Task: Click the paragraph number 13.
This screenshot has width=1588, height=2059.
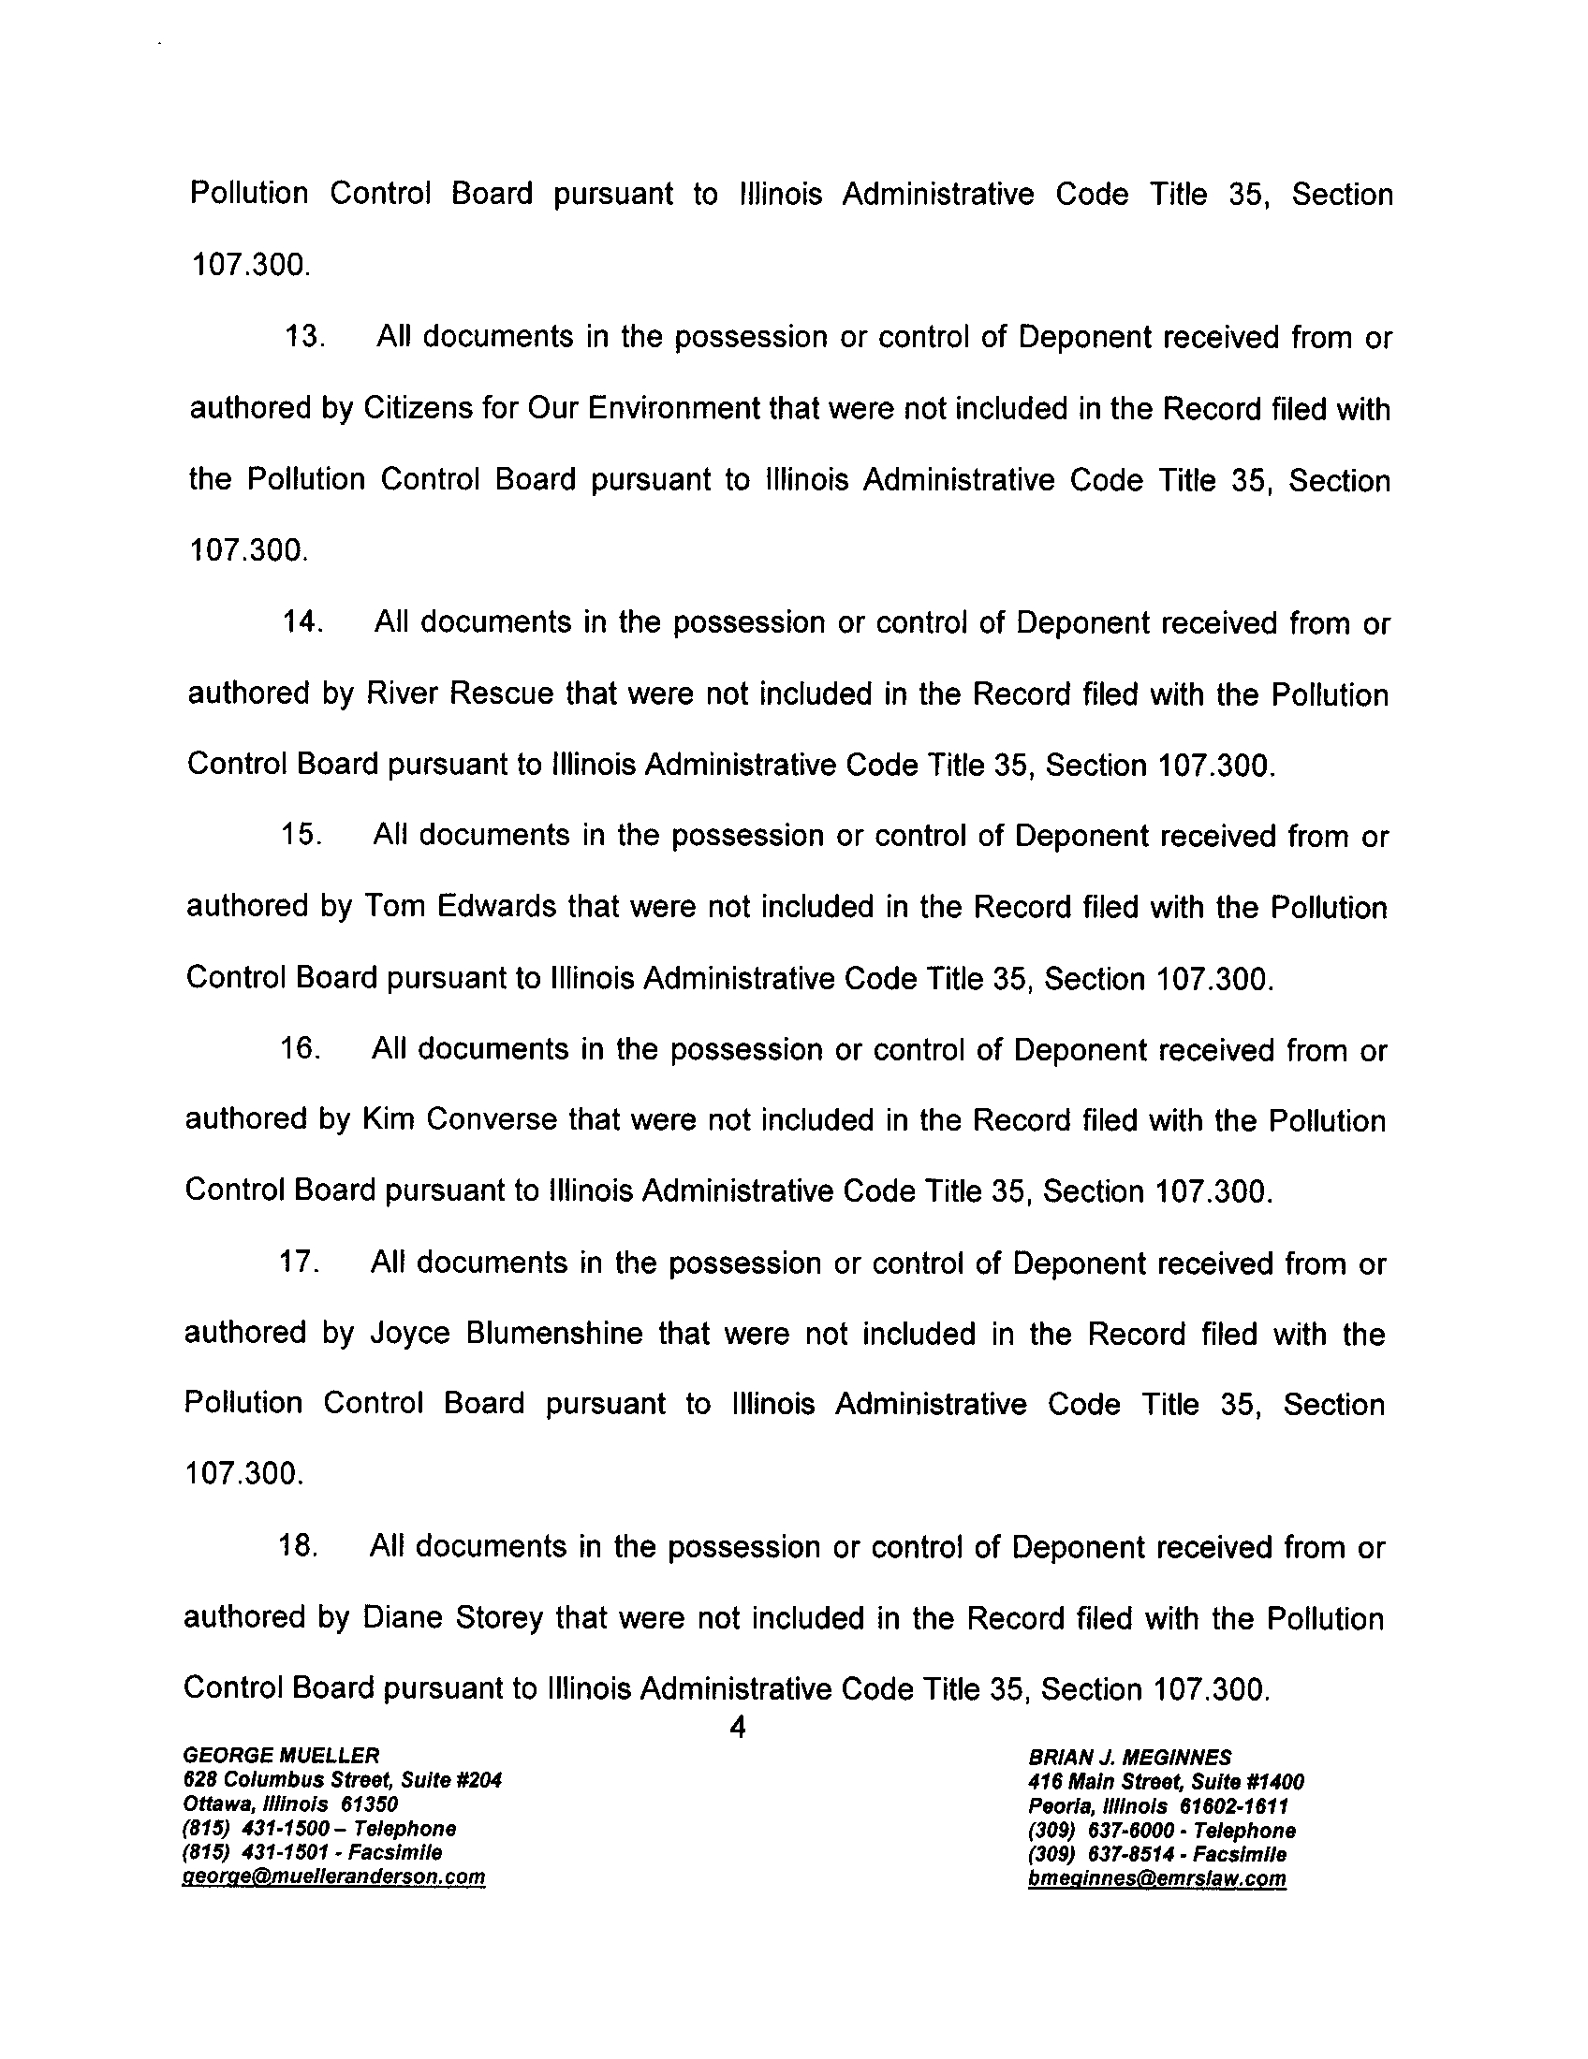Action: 303,338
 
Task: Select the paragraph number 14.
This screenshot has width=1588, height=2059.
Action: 302,623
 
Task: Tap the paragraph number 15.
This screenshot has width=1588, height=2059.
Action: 301,836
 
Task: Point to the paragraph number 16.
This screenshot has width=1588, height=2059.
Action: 301,1049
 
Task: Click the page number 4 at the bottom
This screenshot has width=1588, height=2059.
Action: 739,1727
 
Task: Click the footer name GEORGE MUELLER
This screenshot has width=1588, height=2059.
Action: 281,1755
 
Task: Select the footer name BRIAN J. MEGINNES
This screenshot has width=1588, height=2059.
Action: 1130,1758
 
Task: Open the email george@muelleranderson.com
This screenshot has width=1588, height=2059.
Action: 334,1877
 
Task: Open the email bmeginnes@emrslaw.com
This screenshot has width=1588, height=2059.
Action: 1157,1879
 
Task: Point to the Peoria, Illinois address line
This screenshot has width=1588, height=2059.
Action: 1158,1806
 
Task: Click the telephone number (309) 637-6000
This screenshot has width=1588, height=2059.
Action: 1162,1831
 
